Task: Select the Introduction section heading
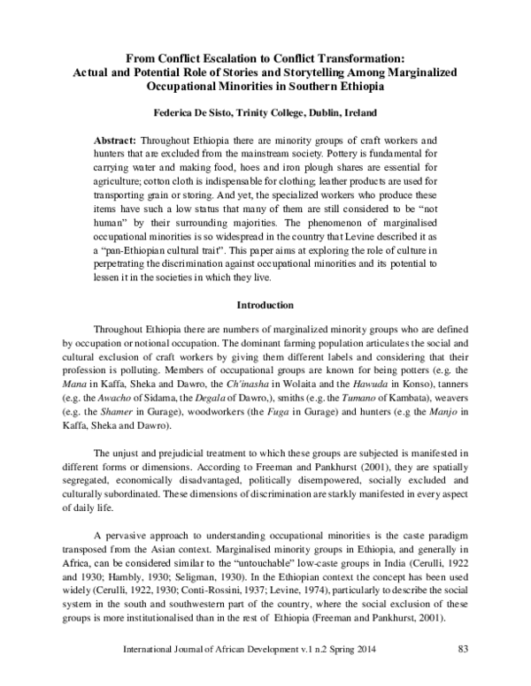click(x=265, y=304)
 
